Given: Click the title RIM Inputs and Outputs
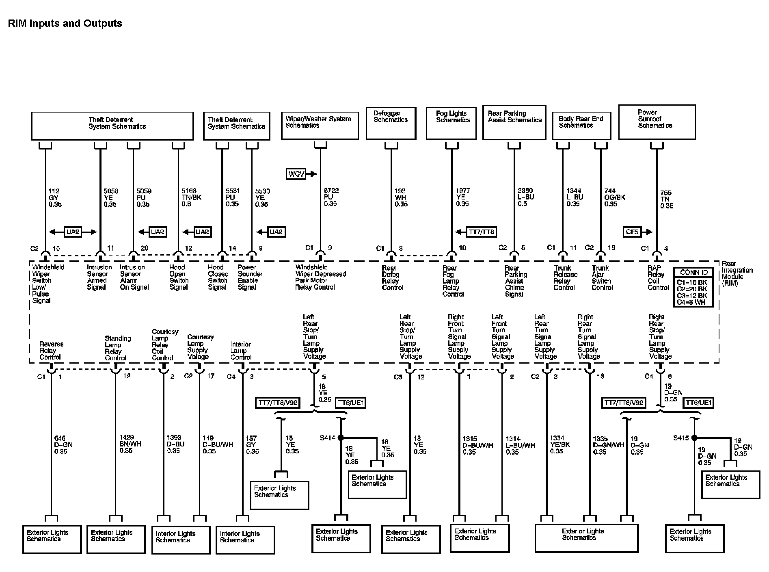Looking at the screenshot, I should click(x=65, y=24).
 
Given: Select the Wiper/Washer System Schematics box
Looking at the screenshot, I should click(x=320, y=125).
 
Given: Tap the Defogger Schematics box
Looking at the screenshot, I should click(x=391, y=123).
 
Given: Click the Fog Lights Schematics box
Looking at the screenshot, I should click(x=451, y=123).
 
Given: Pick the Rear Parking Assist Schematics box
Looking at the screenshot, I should click(x=514, y=122).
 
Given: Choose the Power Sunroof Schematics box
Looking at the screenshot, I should click(x=657, y=122).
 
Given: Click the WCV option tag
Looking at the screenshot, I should click(x=296, y=174).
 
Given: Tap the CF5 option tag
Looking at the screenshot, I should click(x=632, y=232).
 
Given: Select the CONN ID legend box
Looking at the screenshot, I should click(x=693, y=287).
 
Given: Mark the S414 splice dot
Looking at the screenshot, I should click(x=341, y=438).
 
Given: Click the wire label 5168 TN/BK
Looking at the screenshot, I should click(x=192, y=197).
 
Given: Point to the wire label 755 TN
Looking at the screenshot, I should click(x=666, y=199).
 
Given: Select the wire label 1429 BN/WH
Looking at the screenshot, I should click(x=130, y=444).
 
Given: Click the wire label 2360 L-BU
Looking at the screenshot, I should click(x=525, y=197).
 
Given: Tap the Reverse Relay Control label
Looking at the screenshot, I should click(x=51, y=351).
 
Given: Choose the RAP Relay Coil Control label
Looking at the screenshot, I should click(x=658, y=278).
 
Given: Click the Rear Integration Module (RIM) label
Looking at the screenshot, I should click(x=737, y=273).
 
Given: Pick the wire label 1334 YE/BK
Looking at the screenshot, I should click(x=559, y=445).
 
